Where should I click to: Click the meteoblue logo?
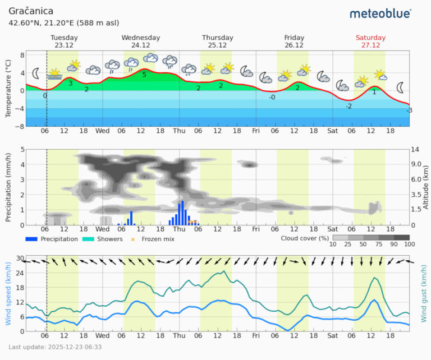pos(380,13)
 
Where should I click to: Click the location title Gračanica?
pos(31,11)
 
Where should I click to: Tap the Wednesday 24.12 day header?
pos(141,41)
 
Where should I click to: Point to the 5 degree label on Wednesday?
pos(144,75)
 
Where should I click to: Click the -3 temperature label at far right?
pos(409,110)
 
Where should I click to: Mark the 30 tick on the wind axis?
pos(20,259)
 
